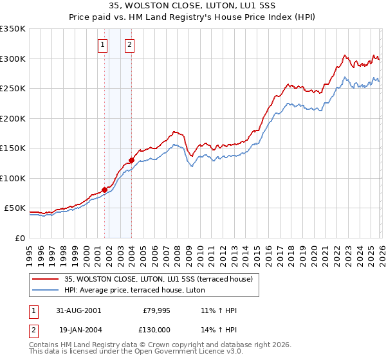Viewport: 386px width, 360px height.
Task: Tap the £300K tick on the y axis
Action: point(13,59)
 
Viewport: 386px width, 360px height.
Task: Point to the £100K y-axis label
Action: point(13,178)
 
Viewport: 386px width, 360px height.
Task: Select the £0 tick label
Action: point(19,238)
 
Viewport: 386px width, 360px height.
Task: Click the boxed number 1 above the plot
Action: point(103,44)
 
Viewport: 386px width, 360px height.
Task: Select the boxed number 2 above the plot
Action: point(130,44)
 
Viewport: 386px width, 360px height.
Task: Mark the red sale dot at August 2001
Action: point(104,190)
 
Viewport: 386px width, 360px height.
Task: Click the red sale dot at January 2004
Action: point(131,160)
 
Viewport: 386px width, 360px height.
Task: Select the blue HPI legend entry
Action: point(134,290)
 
